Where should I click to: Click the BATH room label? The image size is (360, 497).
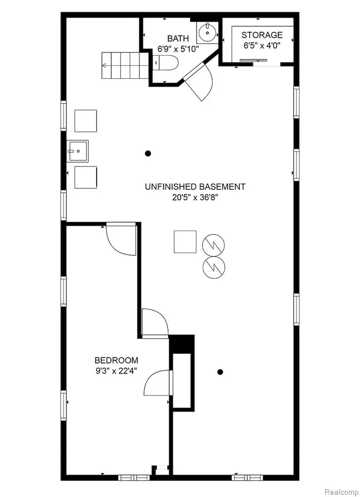(178, 39)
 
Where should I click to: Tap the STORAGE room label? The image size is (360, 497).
(262, 35)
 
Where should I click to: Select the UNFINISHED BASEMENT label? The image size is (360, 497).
(195, 187)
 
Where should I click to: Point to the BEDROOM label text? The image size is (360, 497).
(117, 361)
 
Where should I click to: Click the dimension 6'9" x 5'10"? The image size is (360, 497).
(178, 49)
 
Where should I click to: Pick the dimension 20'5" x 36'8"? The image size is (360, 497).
(195, 198)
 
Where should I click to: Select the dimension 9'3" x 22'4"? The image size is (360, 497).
(117, 371)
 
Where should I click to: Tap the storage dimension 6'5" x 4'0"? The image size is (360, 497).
(262, 46)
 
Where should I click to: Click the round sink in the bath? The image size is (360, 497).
(207, 33)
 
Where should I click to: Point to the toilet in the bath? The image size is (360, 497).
(165, 63)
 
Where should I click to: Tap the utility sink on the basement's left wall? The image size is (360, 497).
(77, 151)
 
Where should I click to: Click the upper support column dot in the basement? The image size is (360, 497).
(148, 154)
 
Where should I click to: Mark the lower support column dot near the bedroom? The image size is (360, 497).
(220, 372)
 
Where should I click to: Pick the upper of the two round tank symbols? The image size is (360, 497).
(213, 245)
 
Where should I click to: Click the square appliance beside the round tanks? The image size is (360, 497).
(185, 242)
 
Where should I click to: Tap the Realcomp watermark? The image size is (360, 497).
(341, 492)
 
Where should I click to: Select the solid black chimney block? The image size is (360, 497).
(181, 344)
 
